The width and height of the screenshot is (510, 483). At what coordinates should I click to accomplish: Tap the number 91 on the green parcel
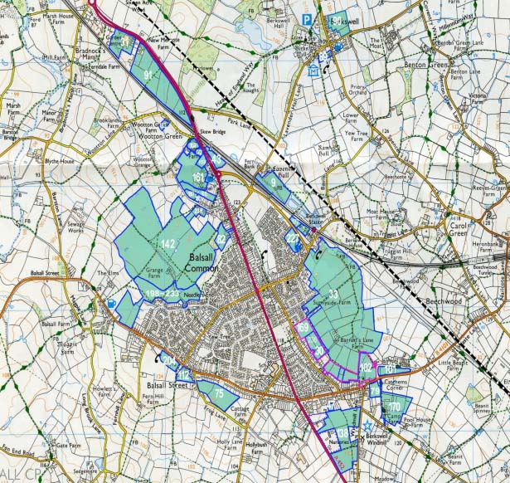coord(149,76)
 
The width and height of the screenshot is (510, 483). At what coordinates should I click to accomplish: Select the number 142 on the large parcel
coord(168,243)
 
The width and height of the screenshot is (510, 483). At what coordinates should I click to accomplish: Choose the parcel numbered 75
coord(219,393)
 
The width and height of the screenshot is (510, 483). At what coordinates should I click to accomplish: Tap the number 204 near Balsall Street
coord(169,360)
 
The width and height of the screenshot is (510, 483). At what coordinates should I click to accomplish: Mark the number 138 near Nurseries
coord(342,433)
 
